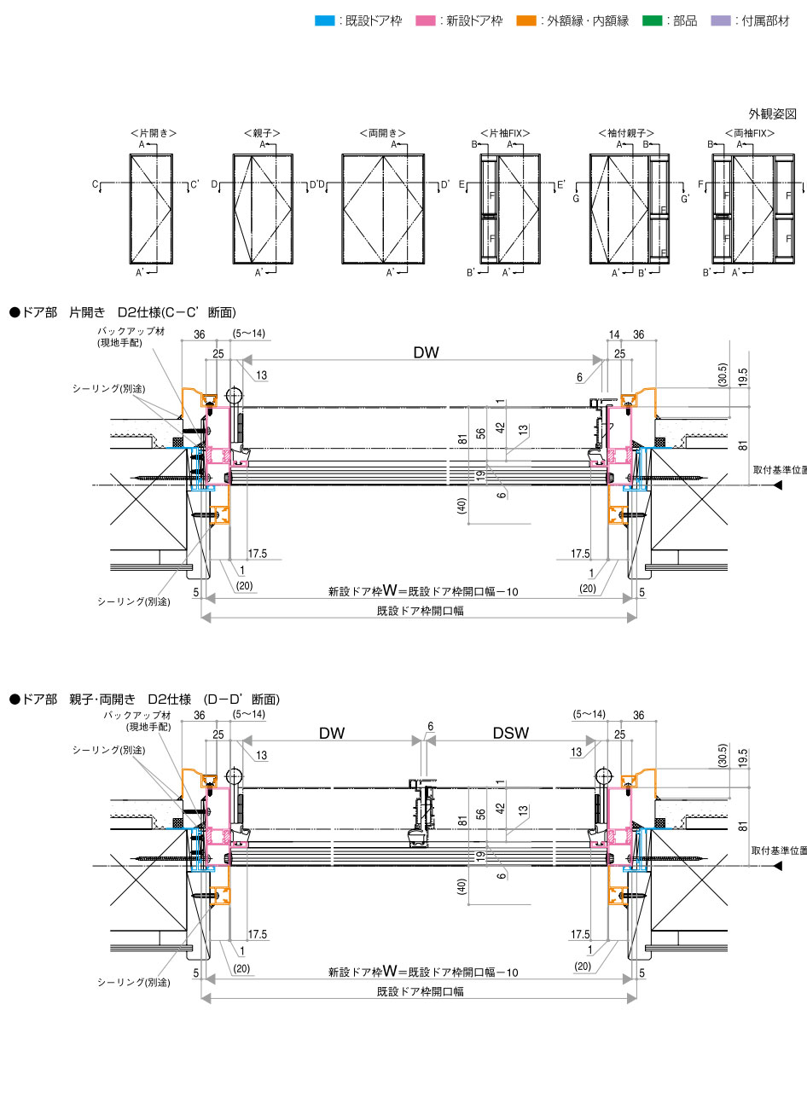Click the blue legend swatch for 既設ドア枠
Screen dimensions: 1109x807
(x=324, y=20)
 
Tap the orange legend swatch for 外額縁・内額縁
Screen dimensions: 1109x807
(x=526, y=20)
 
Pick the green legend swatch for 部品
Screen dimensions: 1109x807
(x=653, y=20)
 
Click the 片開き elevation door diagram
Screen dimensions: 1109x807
(x=153, y=209)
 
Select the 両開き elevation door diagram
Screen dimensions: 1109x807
(x=382, y=209)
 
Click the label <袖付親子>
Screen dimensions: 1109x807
(x=626, y=134)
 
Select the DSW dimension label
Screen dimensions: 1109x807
(x=510, y=733)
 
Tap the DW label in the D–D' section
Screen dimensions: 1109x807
(x=332, y=733)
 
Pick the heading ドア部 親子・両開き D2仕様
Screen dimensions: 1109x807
(x=144, y=700)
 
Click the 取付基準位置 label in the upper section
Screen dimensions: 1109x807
(x=779, y=470)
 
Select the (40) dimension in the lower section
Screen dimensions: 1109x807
(x=462, y=885)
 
